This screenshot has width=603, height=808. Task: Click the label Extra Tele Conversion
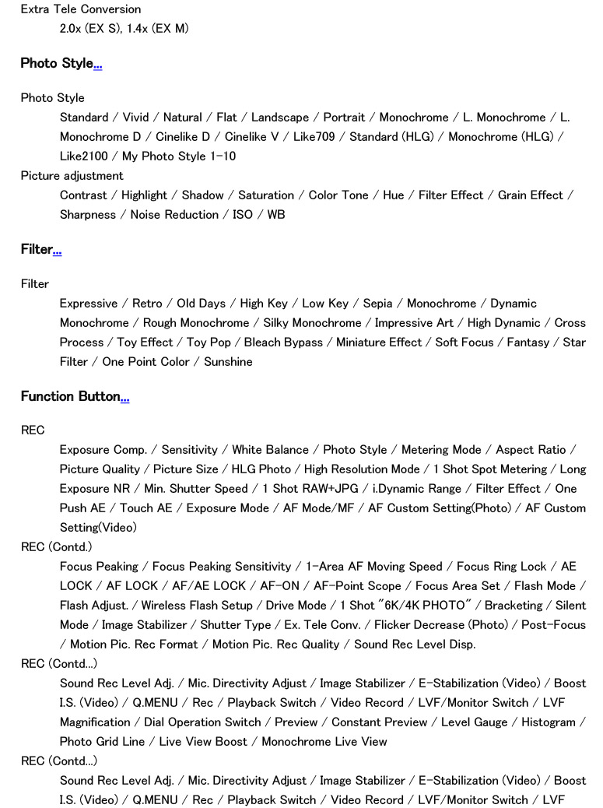pos(81,9)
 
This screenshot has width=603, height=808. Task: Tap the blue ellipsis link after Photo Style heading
pos(98,64)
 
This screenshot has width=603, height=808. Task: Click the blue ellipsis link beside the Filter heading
pos(57,250)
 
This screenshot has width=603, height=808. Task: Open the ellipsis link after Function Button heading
pos(124,397)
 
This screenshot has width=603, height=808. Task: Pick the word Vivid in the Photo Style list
pos(136,118)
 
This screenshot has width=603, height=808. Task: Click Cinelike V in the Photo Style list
pos(251,137)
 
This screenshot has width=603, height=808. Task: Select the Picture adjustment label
pos(72,176)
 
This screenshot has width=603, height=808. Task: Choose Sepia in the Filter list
pos(377,304)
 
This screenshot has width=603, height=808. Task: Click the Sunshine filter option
pos(228,362)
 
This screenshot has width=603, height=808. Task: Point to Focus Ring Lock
pos(501,567)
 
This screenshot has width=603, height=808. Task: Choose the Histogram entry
pos(549,722)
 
